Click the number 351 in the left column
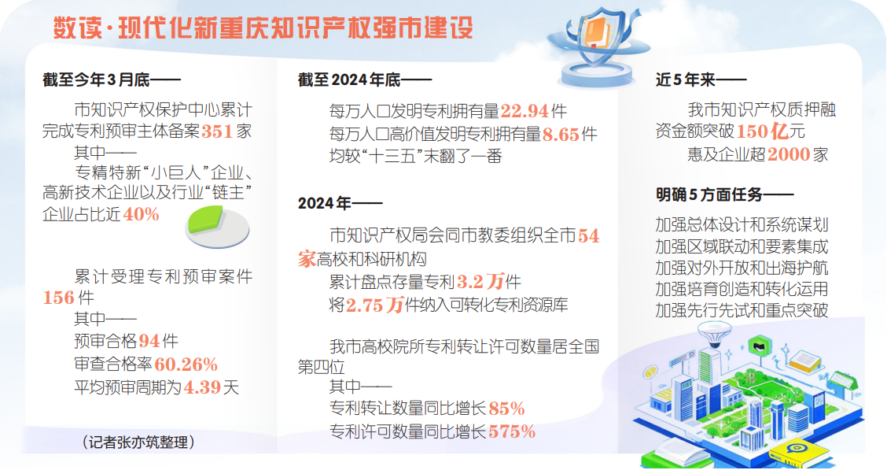point(217,131)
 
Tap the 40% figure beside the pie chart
point(141,214)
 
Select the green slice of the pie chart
point(205,219)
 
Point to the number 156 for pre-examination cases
point(59,298)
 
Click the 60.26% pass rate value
point(186,364)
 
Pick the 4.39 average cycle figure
point(203,387)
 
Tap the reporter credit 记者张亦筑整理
point(138,442)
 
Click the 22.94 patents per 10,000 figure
point(525,111)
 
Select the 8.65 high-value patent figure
point(561,134)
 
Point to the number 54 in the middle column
point(588,235)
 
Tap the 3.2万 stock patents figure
point(480,281)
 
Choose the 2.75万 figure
point(374,305)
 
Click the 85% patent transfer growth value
point(506,409)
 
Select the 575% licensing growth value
point(511,431)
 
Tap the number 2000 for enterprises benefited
point(789,154)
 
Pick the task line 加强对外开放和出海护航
point(742,268)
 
